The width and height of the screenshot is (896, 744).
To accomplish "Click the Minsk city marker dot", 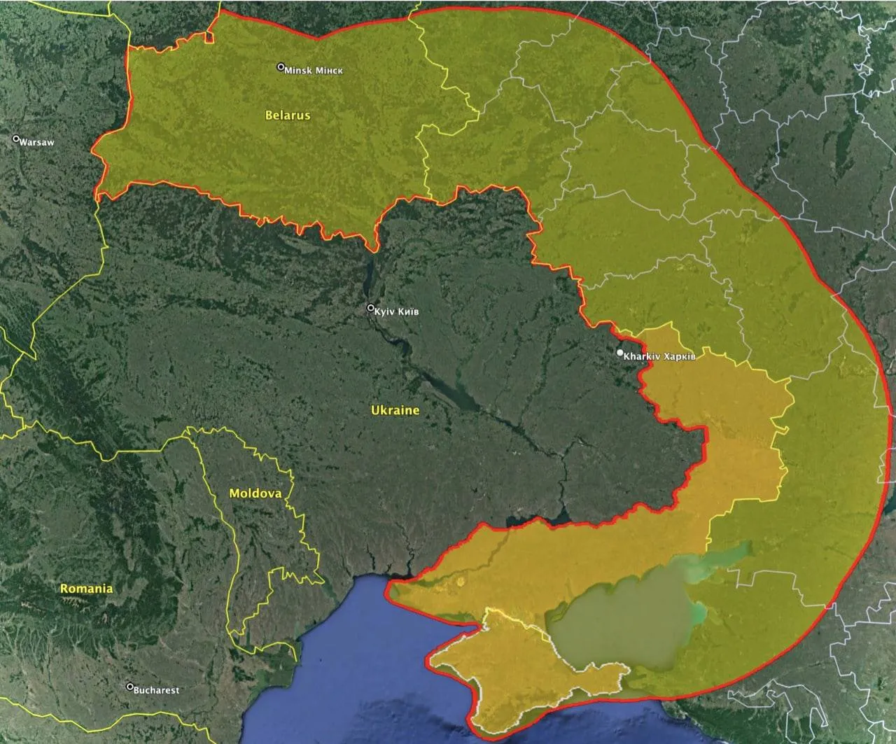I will click(281, 68).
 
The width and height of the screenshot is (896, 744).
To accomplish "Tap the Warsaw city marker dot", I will click(16, 139).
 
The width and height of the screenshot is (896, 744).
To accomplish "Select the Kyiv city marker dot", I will click(371, 308).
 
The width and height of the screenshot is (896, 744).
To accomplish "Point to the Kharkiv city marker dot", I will click(619, 353).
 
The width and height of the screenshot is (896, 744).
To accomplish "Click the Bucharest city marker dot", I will click(129, 687).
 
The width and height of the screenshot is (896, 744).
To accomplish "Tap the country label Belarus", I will click(287, 115).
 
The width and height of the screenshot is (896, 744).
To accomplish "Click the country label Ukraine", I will click(395, 410).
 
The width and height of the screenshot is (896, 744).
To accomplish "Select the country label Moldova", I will click(255, 493).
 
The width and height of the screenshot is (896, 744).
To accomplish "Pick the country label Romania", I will click(86, 589).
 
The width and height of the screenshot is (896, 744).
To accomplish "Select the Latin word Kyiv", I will click(385, 311).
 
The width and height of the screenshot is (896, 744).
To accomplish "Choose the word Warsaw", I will click(36, 142).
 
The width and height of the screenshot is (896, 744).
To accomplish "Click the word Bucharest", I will click(157, 690).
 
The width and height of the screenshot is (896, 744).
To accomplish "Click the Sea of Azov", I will click(623, 616).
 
